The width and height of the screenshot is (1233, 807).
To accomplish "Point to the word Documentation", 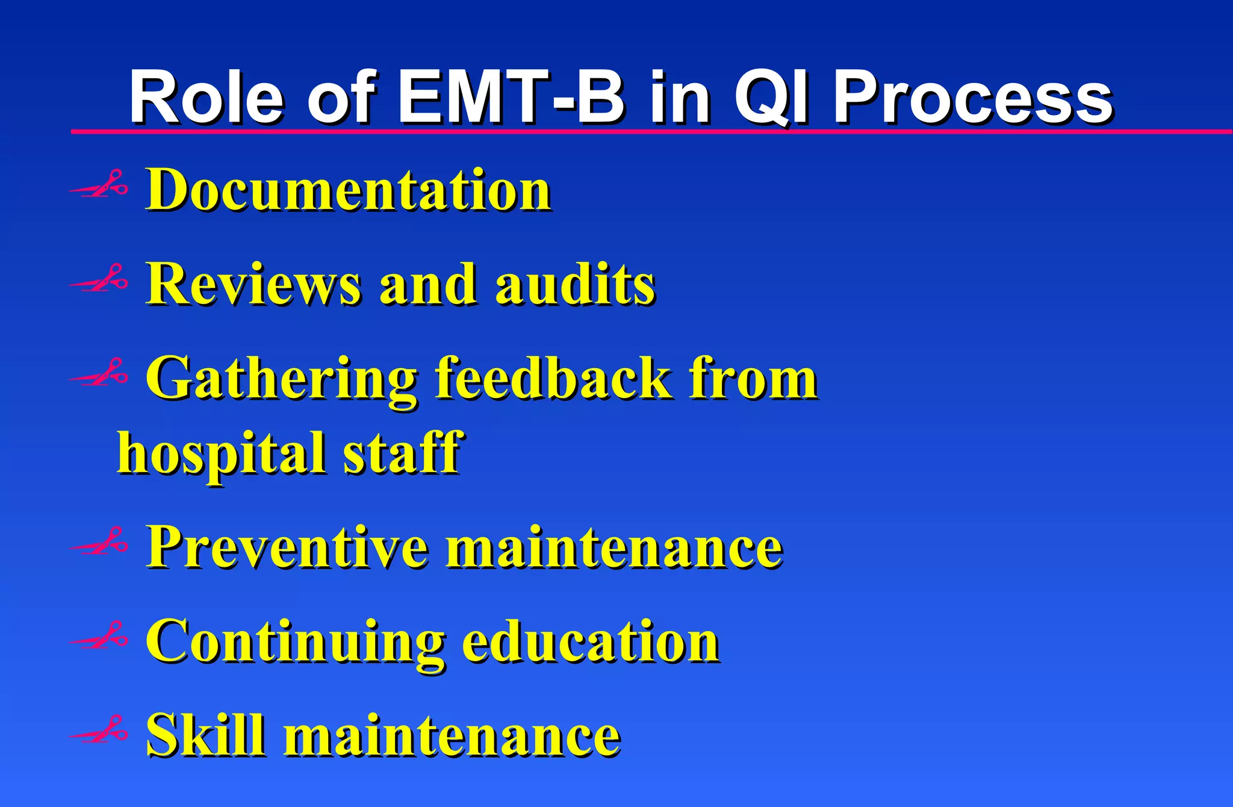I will (x=349, y=190).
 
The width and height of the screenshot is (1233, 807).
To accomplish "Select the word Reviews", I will (x=253, y=284).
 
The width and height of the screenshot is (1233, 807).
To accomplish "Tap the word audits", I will (x=575, y=284).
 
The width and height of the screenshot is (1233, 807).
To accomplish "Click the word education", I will (x=590, y=642).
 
